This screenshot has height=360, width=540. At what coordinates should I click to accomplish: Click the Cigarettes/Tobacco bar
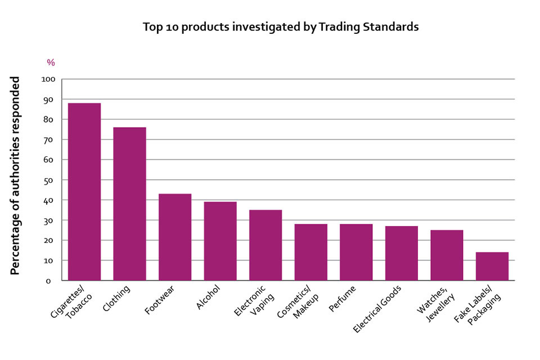(84, 191)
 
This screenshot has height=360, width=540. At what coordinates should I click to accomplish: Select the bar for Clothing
(129, 204)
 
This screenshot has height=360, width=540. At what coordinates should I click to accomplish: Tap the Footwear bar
(175, 237)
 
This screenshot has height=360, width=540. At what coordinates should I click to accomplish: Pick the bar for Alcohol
(220, 241)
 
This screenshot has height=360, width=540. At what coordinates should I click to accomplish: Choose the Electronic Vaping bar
(265, 245)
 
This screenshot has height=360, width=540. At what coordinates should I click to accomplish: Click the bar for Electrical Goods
(402, 253)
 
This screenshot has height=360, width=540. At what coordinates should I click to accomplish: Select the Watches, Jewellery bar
(447, 255)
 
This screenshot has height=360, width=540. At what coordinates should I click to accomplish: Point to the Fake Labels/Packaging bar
(492, 266)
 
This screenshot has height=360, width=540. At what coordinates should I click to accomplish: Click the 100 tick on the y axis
(48, 79)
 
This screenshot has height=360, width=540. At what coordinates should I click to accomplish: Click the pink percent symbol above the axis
(51, 62)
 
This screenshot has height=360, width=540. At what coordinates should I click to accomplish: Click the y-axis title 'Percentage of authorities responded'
(16, 175)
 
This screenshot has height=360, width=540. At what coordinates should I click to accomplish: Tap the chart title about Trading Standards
(281, 27)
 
